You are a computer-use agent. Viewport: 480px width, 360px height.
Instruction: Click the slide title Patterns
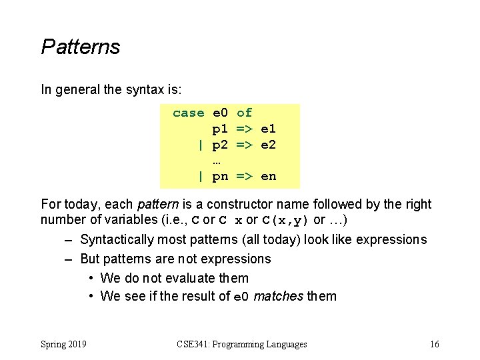pos(81,47)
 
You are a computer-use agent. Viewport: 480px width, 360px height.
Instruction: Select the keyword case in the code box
pos(188,113)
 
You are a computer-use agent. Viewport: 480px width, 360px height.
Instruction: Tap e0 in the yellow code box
pos(220,113)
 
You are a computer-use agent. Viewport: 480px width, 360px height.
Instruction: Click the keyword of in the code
pos(244,113)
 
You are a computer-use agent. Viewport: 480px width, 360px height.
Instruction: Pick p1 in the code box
pos(220,129)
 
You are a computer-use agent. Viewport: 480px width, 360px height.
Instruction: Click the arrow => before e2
pos(244,145)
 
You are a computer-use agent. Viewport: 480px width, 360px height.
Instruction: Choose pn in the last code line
pos(220,177)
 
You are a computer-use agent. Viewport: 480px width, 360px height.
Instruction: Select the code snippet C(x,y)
pos(286,220)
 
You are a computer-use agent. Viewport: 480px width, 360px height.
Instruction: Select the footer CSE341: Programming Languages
pos(242,344)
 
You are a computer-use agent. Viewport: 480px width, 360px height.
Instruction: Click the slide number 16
pos(435,344)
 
